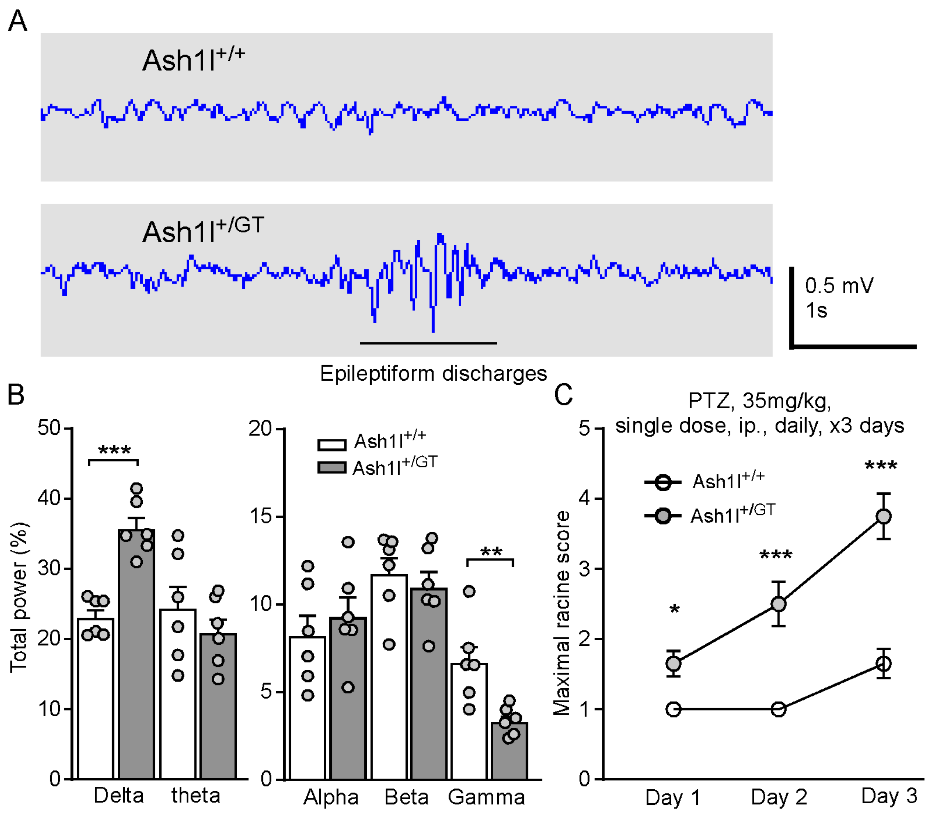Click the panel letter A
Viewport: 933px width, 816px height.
[17, 21]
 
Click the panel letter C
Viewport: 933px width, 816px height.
[563, 395]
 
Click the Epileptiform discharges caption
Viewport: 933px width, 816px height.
[433, 373]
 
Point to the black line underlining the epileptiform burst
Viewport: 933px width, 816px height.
[428, 343]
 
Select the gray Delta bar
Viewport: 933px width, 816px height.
[137, 660]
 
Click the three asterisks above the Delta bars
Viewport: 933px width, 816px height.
[114, 451]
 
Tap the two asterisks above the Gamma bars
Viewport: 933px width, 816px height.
[491, 552]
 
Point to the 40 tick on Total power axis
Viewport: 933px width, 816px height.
[49, 498]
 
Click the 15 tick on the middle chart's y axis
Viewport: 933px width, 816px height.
[261, 516]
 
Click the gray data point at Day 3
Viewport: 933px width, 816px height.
[883, 516]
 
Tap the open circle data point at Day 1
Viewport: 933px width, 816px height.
[673, 709]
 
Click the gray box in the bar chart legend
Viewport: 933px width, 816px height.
[332, 468]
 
